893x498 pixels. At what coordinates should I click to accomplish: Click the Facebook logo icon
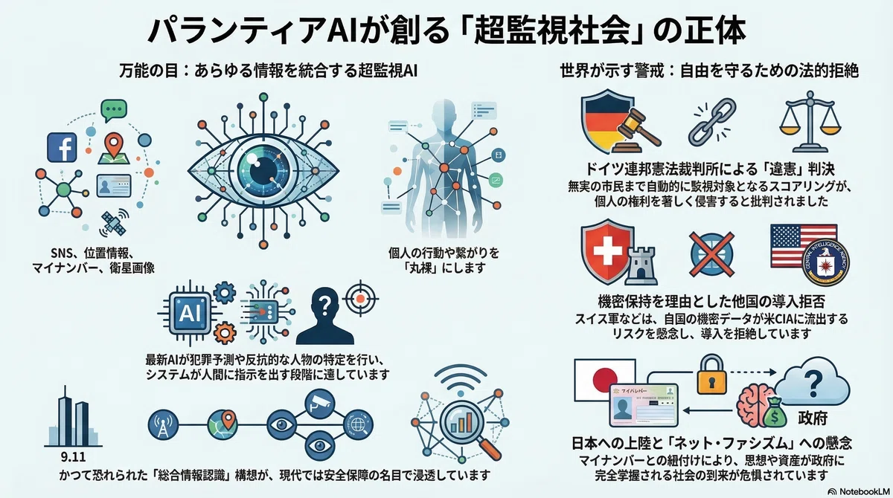pyautogui.click(x=62, y=147)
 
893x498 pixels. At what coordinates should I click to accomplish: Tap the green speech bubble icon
pyautogui.click(x=114, y=110)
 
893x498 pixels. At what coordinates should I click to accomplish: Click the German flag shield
pyautogui.click(x=604, y=120)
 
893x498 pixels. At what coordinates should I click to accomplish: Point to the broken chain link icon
pyautogui.click(x=712, y=121)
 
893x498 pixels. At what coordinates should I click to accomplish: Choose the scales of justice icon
pyautogui.click(x=810, y=121)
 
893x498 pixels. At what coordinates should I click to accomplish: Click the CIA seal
pyautogui.click(x=825, y=262)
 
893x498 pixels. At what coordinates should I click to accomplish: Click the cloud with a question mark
pyautogui.click(x=813, y=381)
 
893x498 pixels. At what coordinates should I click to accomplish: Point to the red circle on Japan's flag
pyautogui.click(x=605, y=379)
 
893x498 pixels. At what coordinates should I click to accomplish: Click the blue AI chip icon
pyautogui.click(x=191, y=313)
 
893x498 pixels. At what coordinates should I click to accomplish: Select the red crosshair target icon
pyautogui.click(x=360, y=298)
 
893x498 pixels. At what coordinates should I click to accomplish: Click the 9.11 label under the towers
pyautogui.click(x=74, y=457)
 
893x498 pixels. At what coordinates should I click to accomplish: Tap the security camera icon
pyautogui.click(x=320, y=404)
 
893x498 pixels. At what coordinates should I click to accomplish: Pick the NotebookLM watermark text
pyautogui.click(x=863, y=491)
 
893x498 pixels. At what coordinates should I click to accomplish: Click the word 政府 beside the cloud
pyautogui.click(x=813, y=418)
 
